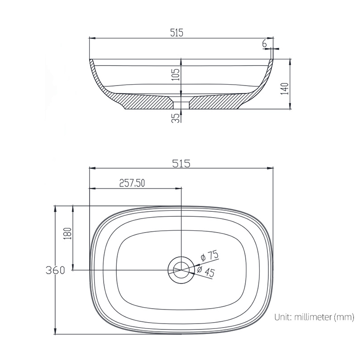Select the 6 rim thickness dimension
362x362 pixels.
pos(264,43)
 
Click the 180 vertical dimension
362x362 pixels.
pos(68,234)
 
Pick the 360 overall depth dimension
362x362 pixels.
pos(55,270)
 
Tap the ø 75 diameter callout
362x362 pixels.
pos(210,257)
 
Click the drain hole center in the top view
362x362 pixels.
pos(181,270)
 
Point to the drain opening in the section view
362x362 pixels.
pos(181,105)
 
